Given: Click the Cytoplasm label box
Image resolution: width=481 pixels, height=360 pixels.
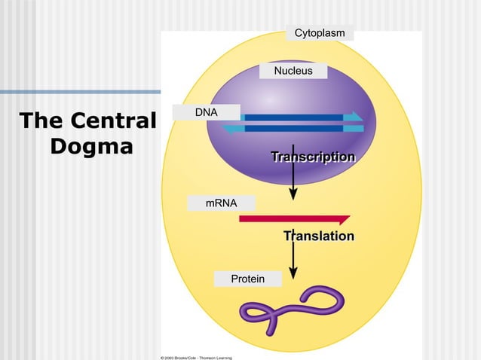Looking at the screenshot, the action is click(x=320, y=33).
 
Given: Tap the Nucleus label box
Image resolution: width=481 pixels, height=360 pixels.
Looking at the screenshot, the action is click(x=293, y=71).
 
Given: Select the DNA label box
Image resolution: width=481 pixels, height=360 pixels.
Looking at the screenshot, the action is click(x=206, y=112).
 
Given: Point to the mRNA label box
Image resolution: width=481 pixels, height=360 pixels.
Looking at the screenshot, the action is click(x=222, y=203).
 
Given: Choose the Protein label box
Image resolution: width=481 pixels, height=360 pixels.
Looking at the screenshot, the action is click(x=247, y=279).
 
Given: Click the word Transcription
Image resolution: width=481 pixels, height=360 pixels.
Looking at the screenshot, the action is click(x=313, y=157).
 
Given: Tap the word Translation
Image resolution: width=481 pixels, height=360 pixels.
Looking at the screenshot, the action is click(x=318, y=236).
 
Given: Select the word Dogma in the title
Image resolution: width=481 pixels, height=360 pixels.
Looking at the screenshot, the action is click(x=91, y=145).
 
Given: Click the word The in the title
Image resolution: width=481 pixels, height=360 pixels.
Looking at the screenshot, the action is click(x=41, y=121).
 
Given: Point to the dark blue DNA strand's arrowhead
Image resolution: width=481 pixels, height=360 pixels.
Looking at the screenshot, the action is click(x=353, y=117).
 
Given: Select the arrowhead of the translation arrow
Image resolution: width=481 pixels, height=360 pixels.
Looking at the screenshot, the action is click(x=293, y=272).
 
